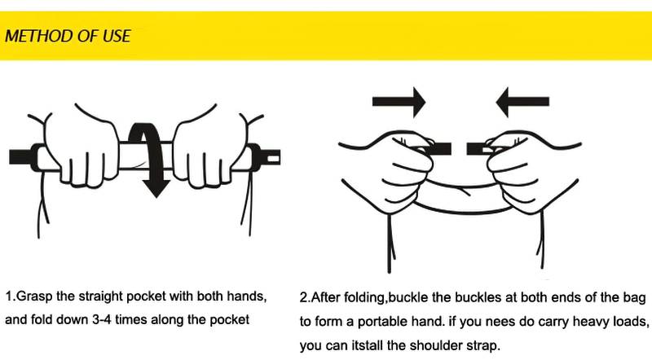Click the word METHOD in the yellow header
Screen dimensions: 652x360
click(x=40, y=36)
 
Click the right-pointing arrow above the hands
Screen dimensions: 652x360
click(x=399, y=102)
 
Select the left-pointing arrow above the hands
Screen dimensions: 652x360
click(x=522, y=102)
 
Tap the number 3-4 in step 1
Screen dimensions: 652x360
click(x=101, y=320)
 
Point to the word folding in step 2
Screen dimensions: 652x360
click(x=366, y=297)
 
